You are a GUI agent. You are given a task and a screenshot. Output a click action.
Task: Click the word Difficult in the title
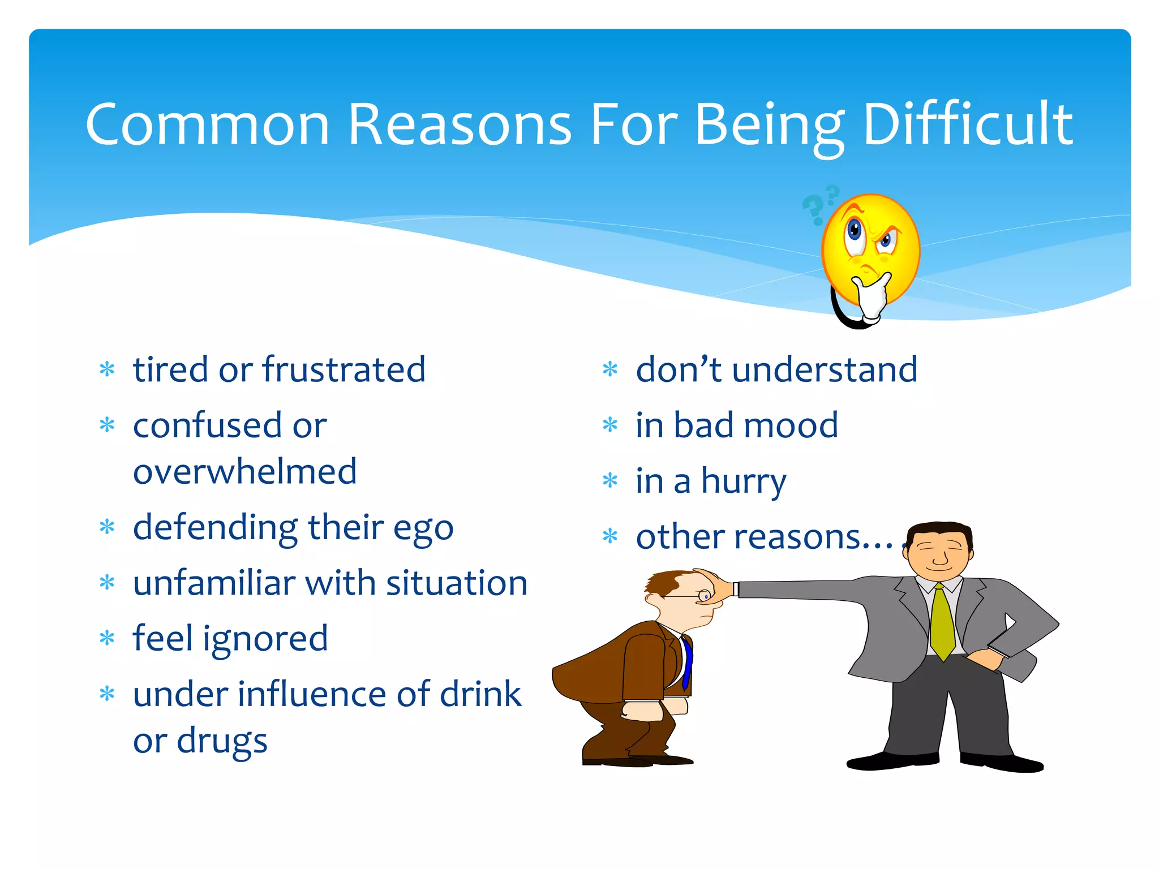click(x=968, y=124)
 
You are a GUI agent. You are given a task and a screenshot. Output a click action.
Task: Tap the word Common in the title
click(x=207, y=124)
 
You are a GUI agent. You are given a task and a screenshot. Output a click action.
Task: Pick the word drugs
click(x=222, y=741)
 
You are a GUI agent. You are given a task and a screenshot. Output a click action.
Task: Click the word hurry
click(x=744, y=482)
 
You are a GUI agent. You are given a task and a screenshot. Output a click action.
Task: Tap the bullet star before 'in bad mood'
click(x=610, y=424)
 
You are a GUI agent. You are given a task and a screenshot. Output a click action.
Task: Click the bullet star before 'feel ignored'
click(x=107, y=638)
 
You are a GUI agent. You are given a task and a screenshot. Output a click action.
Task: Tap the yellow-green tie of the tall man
click(x=942, y=622)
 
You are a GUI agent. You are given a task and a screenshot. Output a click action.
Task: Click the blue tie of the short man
click(x=687, y=662)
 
